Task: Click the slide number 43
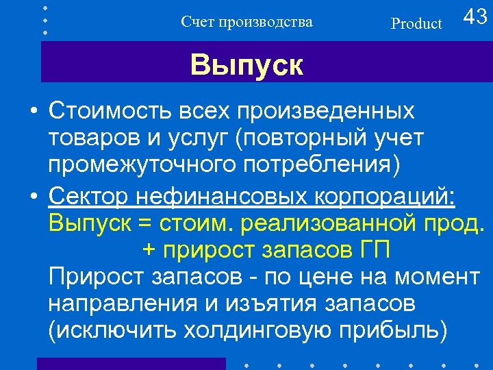tap(475, 17)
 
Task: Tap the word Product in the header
tap(416, 24)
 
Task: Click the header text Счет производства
tap(246, 22)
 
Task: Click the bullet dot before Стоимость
tap(33, 111)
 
